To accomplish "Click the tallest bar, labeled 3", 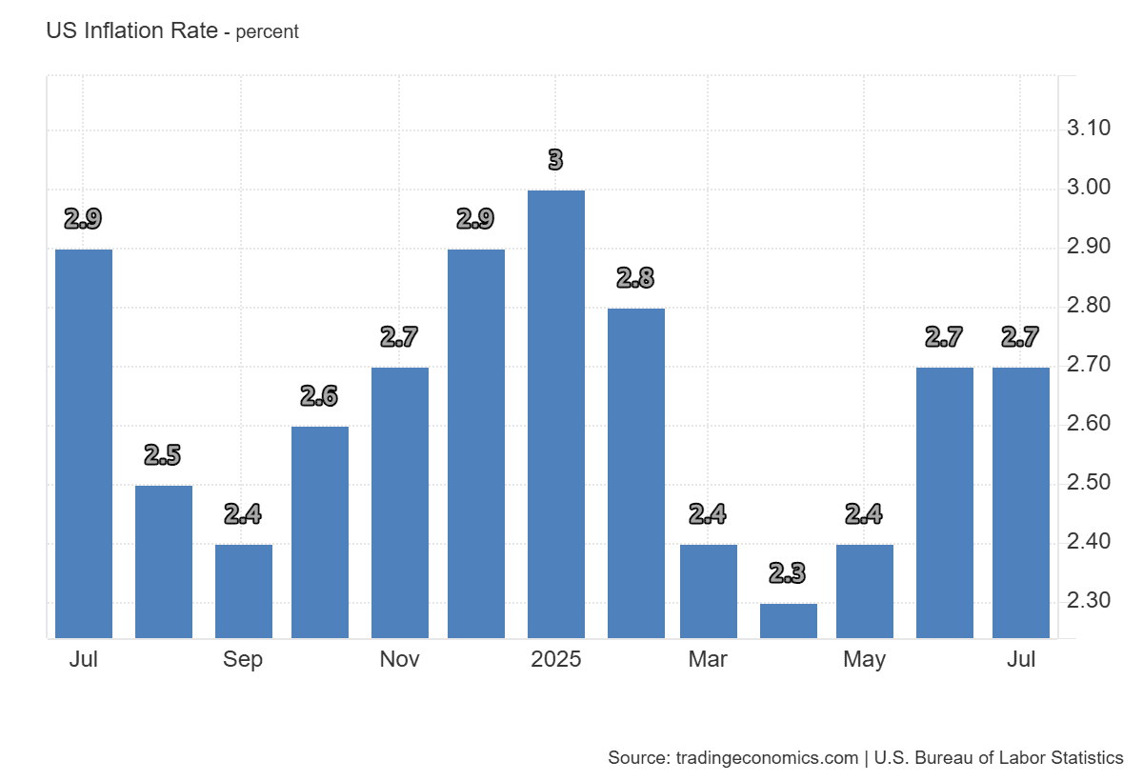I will point(556,414).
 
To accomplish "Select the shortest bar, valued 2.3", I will point(789,621).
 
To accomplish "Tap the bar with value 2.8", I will point(636,473).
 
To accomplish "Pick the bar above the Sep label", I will point(244,591).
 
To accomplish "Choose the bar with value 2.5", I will point(164,562).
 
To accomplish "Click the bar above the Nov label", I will point(400,503).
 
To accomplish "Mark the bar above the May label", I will point(865,591).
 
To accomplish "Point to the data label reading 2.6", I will point(319,396).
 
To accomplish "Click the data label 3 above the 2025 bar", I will point(556,160).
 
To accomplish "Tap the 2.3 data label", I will point(788,573).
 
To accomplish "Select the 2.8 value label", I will point(635,278).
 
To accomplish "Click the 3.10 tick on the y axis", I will point(1089,129).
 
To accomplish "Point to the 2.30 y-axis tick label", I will point(1089,601).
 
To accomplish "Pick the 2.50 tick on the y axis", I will point(1089,483).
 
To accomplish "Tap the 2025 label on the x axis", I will point(556,660).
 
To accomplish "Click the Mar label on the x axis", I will point(708,660).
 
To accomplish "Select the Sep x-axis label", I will point(244,660).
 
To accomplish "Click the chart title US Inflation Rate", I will point(132,30).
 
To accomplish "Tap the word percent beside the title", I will point(267,31).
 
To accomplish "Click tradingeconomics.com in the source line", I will point(768,758).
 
